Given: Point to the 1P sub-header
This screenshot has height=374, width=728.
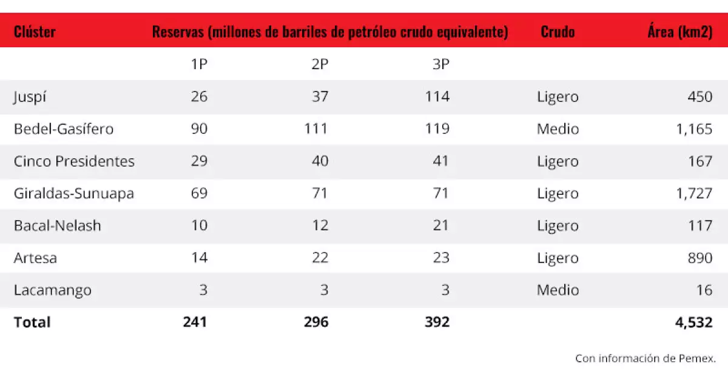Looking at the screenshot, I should pyautogui.click(x=199, y=64).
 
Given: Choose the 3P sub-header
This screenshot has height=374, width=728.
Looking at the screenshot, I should pyautogui.click(x=441, y=64).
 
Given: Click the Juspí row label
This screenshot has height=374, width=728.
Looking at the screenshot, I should pyautogui.click(x=30, y=97).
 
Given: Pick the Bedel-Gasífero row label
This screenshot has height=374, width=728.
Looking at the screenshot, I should pyautogui.click(x=64, y=129).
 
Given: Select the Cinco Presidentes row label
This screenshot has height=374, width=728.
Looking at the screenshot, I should pyautogui.click(x=74, y=161).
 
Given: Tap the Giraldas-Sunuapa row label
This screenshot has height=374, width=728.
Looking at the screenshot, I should pyautogui.click(x=74, y=193).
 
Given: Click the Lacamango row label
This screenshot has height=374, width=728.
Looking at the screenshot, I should pyautogui.click(x=53, y=290).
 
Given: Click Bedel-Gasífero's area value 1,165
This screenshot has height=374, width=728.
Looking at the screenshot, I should pyautogui.click(x=694, y=129).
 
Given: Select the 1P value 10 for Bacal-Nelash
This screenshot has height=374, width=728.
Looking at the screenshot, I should pyautogui.click(x=199, y=225).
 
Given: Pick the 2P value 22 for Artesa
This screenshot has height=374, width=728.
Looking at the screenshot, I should pyautogui.click(x=320, y=258).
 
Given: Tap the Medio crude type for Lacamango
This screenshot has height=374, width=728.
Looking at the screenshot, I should pyautogui.click(x=558, y=290).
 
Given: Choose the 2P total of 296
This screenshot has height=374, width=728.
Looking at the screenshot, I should pyautogui.click(x=316, y=322).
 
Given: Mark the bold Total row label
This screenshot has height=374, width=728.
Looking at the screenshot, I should pyautogui.click(x=32, y=322).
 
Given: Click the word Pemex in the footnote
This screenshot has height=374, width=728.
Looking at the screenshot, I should pyautogui.click(x=697, y=358).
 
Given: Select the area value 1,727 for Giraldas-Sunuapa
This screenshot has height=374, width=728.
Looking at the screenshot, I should pyautogui.click(x=694, y=193).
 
